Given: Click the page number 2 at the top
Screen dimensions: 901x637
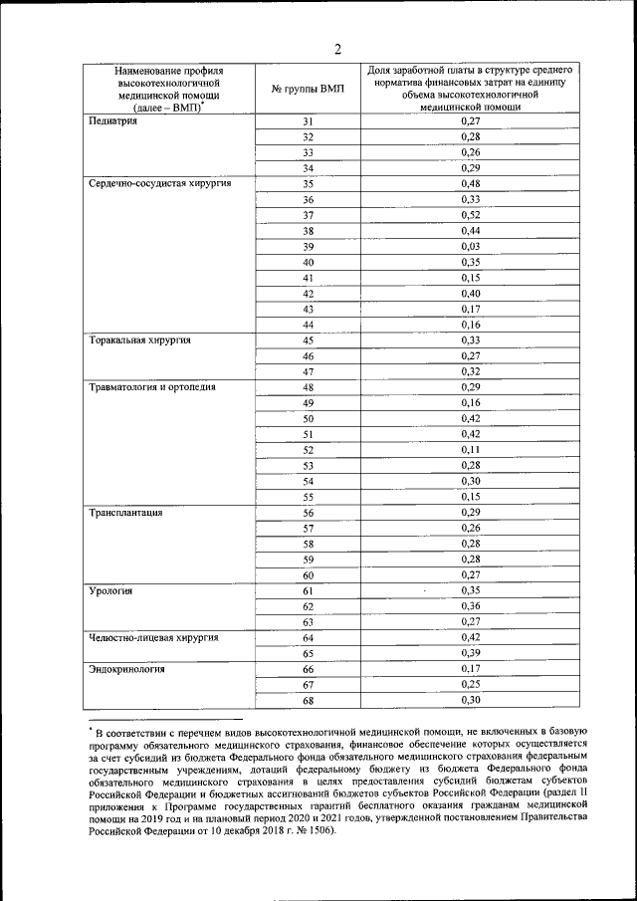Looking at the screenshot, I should coord(337,50).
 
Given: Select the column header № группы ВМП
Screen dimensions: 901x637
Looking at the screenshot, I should coord(308,89).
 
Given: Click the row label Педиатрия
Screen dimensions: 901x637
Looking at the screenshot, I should coord(112,121).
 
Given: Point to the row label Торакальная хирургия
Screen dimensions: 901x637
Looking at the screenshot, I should coord(139,339).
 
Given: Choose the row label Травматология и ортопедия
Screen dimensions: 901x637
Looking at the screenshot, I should coord(151,386).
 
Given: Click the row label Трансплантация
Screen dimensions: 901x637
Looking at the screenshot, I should coord(125,512).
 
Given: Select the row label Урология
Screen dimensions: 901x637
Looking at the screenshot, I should coord(110,590).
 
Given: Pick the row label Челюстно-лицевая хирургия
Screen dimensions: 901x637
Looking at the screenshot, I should coord(152,637).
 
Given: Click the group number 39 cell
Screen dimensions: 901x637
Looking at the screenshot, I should coord(308,246).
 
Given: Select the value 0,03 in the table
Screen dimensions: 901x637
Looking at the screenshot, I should coord(471,246).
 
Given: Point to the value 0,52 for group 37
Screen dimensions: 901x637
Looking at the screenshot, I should coord(471,215).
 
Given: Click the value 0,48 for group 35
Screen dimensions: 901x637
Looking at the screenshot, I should coord(471,183).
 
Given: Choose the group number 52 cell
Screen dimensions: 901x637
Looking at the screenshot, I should coord(308,450).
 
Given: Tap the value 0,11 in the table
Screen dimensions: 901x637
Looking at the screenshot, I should coord(471,450).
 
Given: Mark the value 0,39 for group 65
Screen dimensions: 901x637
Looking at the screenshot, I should coord(471,653).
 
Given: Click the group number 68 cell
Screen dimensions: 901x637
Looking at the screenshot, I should coord(308,700).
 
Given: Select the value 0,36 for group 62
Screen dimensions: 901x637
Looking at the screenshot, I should coord(471,606).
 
